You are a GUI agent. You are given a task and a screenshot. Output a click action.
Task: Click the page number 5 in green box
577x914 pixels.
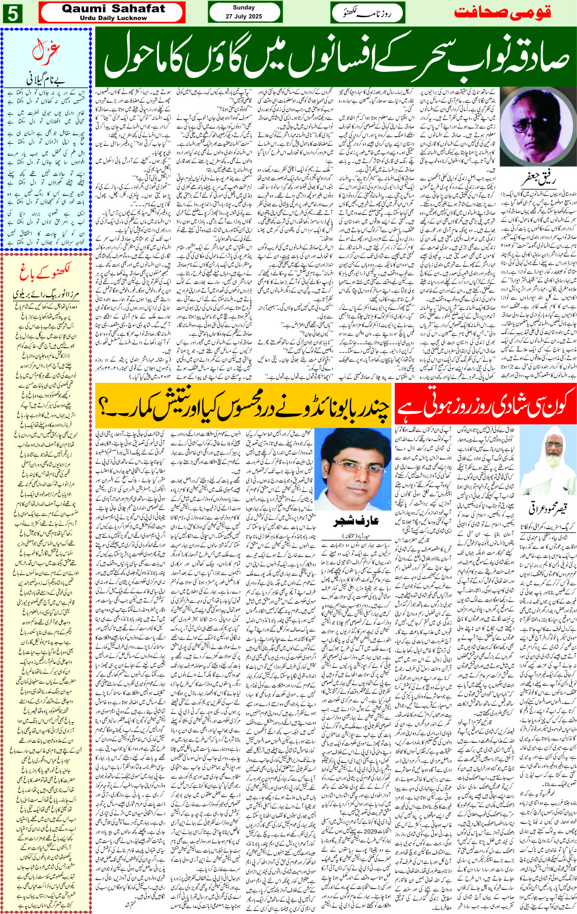12,13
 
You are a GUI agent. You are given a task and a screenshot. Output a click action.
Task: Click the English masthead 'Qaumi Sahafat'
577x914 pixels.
113,9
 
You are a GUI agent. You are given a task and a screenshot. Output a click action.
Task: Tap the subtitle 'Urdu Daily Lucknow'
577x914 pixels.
113,18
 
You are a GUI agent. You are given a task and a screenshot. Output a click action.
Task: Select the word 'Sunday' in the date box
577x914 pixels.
244,8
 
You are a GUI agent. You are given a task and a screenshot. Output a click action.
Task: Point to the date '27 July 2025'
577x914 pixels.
244,16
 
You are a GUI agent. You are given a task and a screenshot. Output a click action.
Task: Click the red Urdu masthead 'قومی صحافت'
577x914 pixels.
502,13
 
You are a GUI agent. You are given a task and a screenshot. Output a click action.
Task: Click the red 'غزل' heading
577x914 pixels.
46,51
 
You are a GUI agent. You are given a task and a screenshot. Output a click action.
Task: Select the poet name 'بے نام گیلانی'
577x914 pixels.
46,80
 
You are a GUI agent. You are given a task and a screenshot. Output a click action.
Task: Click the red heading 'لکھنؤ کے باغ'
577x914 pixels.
46,273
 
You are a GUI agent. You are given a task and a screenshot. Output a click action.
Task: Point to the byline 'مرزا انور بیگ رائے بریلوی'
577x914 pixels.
46,295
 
